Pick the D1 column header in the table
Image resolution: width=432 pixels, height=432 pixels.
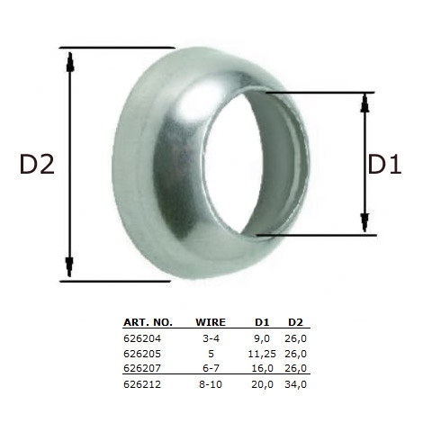click(263, 321)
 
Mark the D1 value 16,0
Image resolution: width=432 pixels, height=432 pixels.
click(262, 367)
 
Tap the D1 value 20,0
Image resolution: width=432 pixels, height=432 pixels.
click(262, 384)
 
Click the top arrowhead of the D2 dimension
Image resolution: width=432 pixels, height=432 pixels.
click(70, 59)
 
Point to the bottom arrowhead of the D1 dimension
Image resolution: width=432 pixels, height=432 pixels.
click(364, 220)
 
